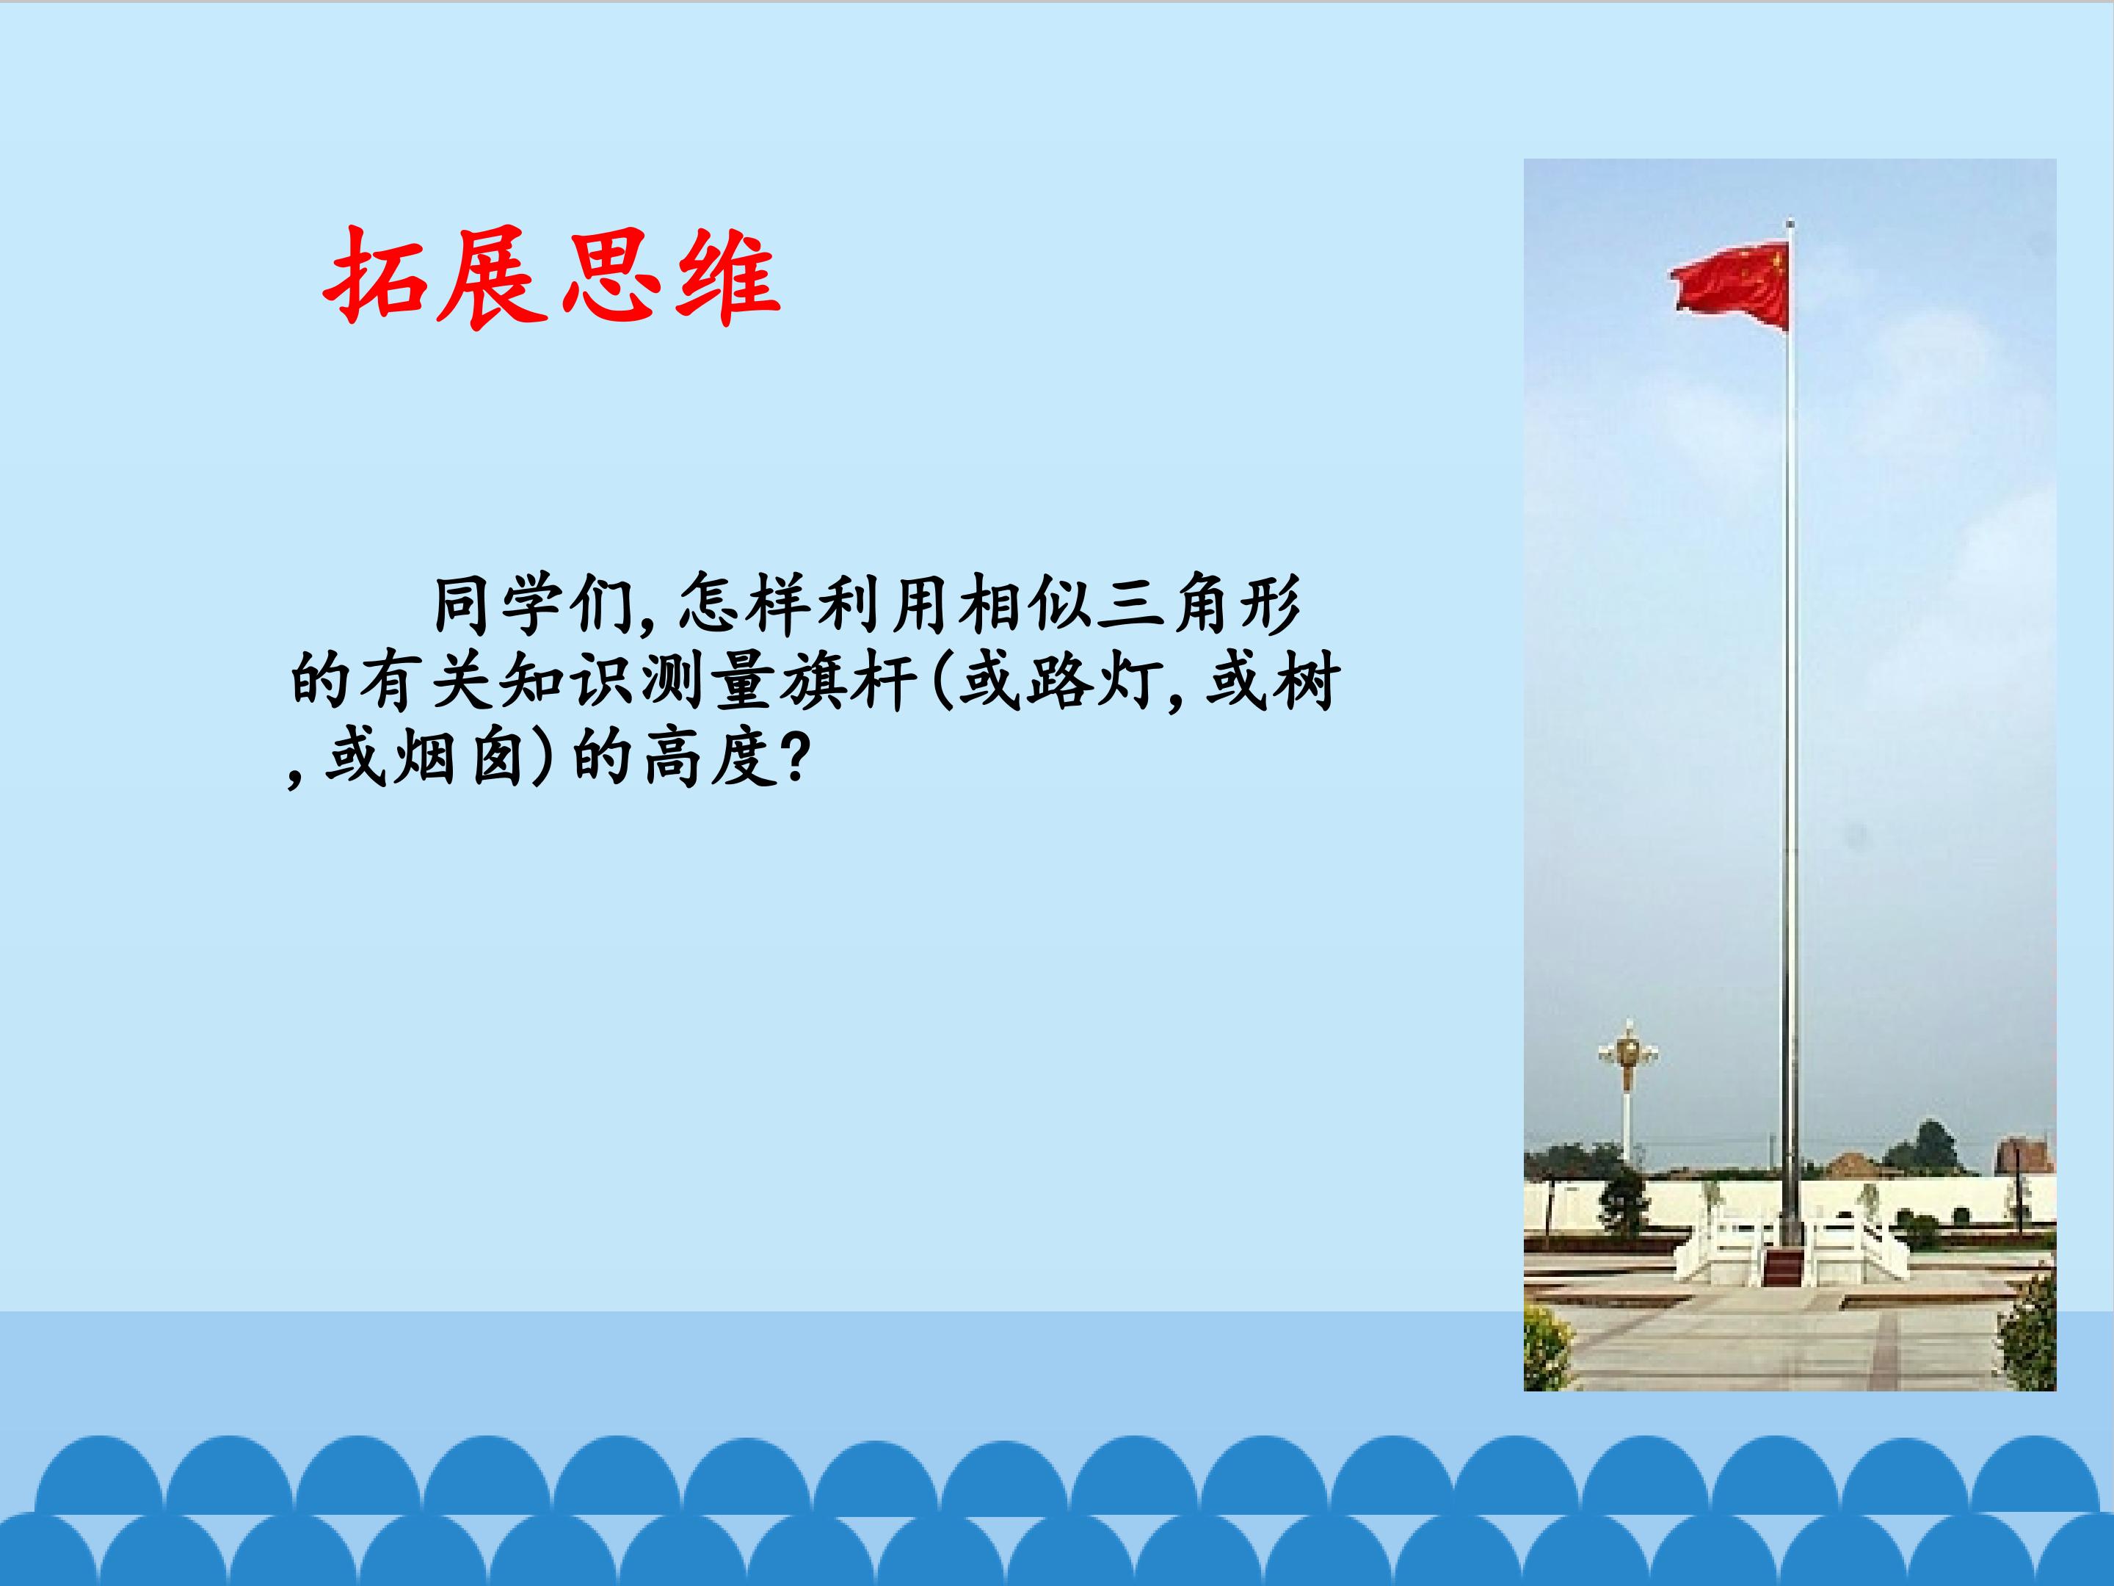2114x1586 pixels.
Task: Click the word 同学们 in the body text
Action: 536,605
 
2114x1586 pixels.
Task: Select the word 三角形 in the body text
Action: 1199,605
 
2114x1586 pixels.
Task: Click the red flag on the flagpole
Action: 1730,284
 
